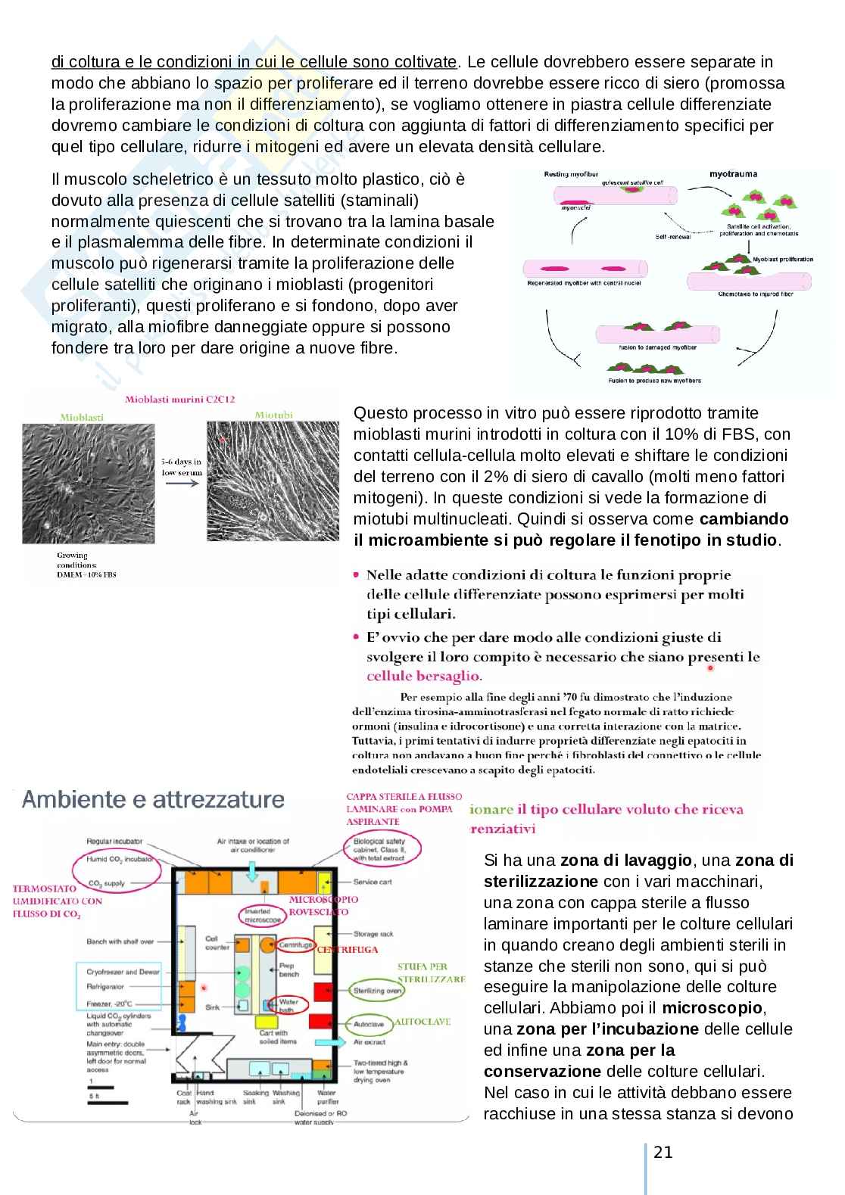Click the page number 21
663,1152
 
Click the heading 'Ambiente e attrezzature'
154,800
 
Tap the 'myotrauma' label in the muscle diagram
733,174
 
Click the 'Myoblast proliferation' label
782,260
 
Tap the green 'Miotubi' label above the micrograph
274,415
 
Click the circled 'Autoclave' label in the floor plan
369,1024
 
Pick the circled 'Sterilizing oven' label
378,990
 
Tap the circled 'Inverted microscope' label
263,916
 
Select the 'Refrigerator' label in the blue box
111,987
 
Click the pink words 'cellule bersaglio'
424,676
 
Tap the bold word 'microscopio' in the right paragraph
712,1008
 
